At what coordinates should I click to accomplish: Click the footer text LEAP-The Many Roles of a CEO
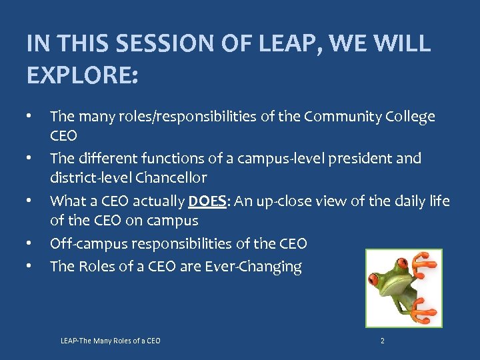110,341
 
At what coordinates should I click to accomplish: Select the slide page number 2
382,341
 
